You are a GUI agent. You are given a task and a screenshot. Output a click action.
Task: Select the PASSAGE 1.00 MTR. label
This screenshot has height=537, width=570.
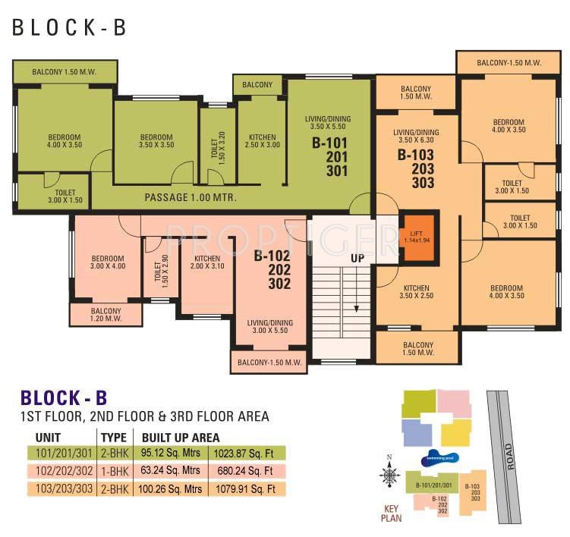coord(191,197)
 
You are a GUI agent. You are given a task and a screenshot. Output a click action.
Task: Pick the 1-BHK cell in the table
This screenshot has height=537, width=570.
coord(114,471)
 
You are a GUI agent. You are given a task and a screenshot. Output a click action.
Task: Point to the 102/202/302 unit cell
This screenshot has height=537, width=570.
coord(64,471)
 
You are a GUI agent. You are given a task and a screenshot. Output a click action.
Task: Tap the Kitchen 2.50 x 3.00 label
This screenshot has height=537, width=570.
coord(262,141)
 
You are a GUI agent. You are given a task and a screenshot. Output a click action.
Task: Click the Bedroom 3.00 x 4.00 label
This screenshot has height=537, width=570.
coord(107,261)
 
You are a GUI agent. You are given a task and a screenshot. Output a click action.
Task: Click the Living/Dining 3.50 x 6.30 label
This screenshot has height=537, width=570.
coord(416,136)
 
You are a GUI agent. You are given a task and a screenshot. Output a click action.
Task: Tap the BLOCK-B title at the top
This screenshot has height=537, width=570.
coord(68,27)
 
